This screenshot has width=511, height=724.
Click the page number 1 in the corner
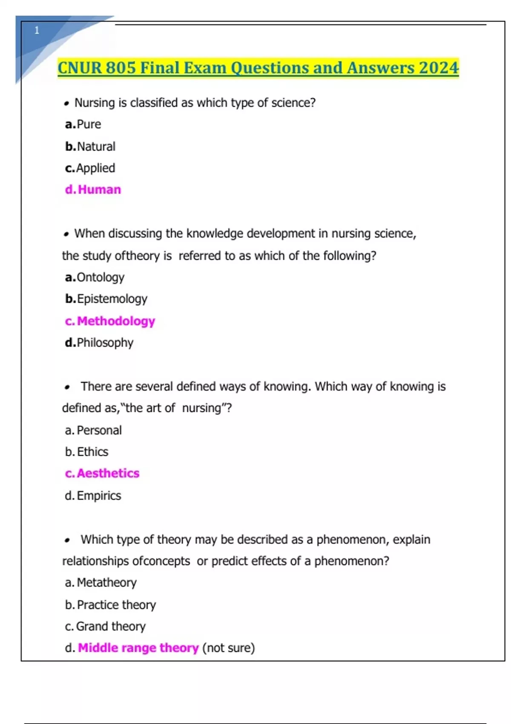point(37,30)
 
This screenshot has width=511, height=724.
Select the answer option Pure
point(89,124)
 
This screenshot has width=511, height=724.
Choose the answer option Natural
point(96,147)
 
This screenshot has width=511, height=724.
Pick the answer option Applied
point(95,168)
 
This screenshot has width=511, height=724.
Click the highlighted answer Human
point(99,190)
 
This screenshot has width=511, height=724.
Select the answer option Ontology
point(100,278)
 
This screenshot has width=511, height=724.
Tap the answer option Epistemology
point(112,299)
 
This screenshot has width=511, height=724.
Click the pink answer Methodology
point(116,321)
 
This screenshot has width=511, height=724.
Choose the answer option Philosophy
point(105,343)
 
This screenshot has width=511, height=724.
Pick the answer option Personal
point(99,431)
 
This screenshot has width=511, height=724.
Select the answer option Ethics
point(92,452)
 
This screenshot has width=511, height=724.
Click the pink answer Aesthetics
point(108,474)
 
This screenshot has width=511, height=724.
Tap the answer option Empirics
point(99,496)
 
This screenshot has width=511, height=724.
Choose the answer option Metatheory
point(106,583)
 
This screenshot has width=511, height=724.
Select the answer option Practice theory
point(116,605)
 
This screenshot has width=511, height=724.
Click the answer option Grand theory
point(111,626)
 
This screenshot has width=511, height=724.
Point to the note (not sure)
point(228,648)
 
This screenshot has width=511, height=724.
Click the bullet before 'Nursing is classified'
point(66,103)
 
